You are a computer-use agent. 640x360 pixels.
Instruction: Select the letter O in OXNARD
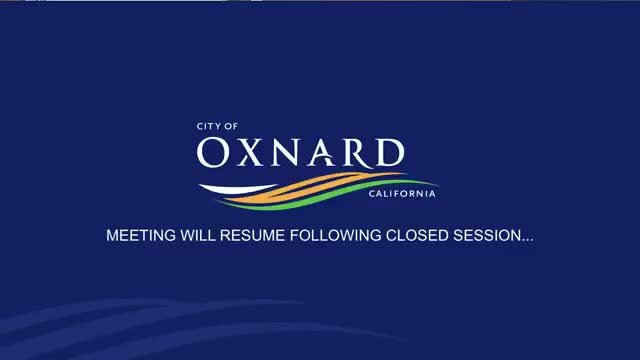click(216, 153)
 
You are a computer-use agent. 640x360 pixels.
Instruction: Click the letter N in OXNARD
click(290, 153)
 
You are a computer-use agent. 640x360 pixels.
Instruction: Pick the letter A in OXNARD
click(326, 153)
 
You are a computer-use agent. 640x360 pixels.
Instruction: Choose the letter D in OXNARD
click(390, 153)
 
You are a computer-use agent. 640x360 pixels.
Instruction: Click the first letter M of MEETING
click(112, 237)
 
